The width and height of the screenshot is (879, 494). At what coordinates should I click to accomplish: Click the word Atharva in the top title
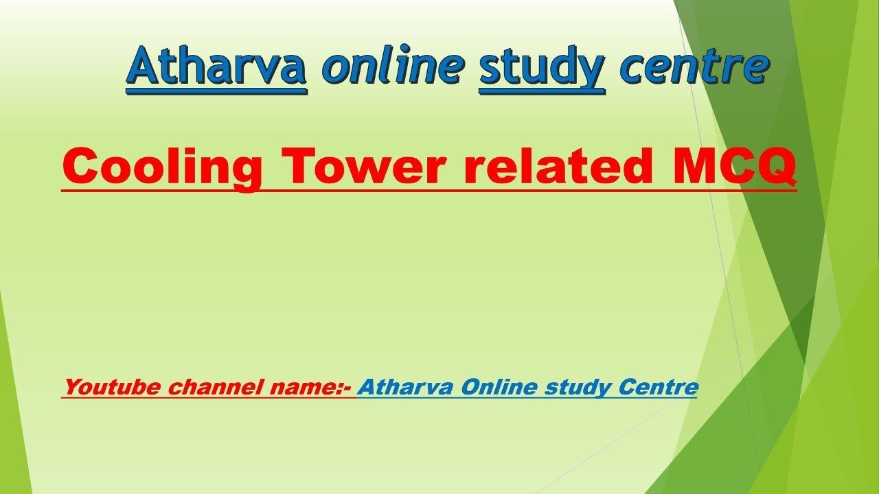(x=216, y=67)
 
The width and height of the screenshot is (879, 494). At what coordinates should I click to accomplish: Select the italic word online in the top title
(x=392, y=67)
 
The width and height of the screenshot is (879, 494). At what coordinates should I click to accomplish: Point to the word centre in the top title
(x=694, y=67)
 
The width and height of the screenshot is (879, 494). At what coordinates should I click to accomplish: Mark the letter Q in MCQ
(x=775, y=167)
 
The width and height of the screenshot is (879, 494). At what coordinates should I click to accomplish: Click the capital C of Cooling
(x=82, y=166)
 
